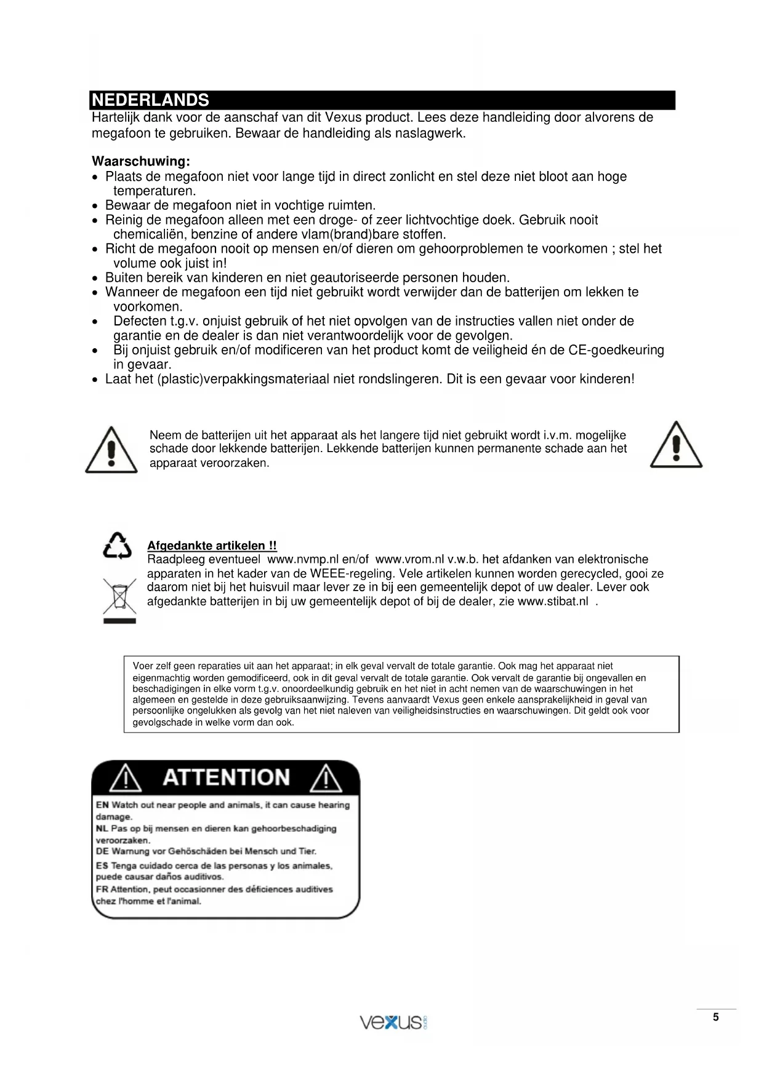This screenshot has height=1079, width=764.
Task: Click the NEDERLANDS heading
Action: [x=150, y=100]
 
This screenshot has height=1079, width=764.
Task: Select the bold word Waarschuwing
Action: [x=140, y=161]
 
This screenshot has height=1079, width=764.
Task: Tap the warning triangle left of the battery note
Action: [x=111, y=450]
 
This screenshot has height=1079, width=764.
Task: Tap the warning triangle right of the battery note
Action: [x=676, y=445]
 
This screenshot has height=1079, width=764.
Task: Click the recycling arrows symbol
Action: [x=118, y=546]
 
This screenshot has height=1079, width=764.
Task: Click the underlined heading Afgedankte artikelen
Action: [x=212, y=546]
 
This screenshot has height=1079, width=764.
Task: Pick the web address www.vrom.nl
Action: [x=409, y=559]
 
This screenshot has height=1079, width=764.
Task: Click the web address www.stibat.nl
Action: [x=553, y=601]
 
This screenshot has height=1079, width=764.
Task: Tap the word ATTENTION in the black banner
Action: [x=226, y=778]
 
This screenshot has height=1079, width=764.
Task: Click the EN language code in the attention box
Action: [x=102, y=805]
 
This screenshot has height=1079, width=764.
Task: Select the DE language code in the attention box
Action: [x=102, y=851]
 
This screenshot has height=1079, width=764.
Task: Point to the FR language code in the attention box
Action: [x=102, y=889]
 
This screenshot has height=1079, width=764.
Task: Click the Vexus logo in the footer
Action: [x=393, y=1022]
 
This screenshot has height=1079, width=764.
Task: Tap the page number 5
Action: [x=715, y=1017]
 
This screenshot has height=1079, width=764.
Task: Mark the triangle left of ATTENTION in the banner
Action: [x=126, y=778]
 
